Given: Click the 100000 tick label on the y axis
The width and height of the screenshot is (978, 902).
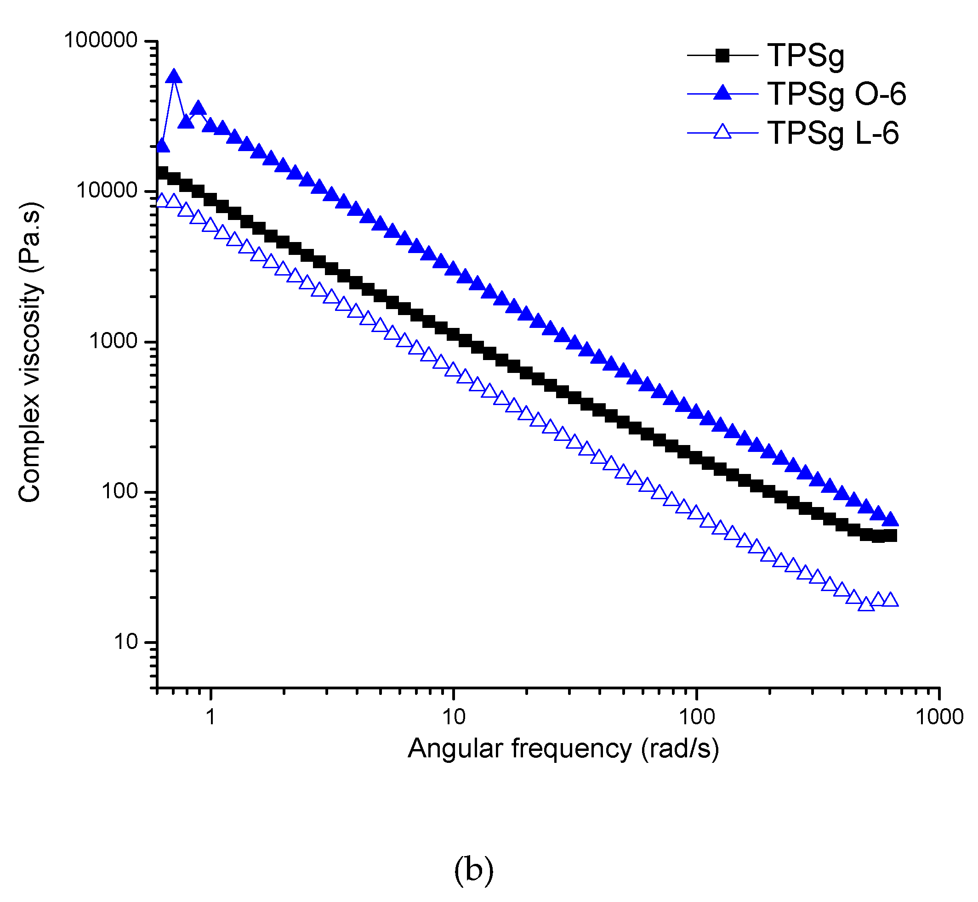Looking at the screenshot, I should pyautogui.click(x=101, y=40).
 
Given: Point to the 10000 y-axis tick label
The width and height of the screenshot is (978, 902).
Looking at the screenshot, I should pyautogui.click(x=107, y=191).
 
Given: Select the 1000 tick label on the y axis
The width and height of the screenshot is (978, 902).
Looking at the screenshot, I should pyautogui.click(x=114, y=341).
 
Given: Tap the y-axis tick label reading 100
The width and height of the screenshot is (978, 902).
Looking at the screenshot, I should pyautogui.click(x=119, y=491).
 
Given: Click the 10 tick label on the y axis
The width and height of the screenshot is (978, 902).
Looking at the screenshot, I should pyautogui.click(x=126, y=642).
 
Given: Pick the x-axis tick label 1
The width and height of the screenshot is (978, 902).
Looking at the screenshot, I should pyautogui.click(x=210, y=716).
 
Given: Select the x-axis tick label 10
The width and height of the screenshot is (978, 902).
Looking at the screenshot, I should pyautogui.click(x=453, y=716).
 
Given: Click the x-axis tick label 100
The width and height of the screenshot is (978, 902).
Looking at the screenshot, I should pyautogui.click(x=696, y=716).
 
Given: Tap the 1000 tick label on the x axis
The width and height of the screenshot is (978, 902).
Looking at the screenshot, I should pyautogui.click(x=939, y=716).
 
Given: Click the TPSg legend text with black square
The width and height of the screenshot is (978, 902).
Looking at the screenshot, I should pyautogui.click(x=806, y=56).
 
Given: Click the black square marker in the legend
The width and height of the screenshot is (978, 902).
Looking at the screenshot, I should pyautogui.click(x=722, y=56).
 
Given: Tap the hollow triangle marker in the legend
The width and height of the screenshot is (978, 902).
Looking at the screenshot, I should pyautogui.click(x=722, y=132).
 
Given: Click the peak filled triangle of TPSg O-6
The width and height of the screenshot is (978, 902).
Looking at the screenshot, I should pyautogui.click(x=174, y=77).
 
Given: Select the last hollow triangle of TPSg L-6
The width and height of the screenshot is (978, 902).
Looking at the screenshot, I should pyautogui.click(x=891, y=599).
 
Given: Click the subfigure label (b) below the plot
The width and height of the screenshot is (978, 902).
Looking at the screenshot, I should pyautogui.click(x=473, y=869).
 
